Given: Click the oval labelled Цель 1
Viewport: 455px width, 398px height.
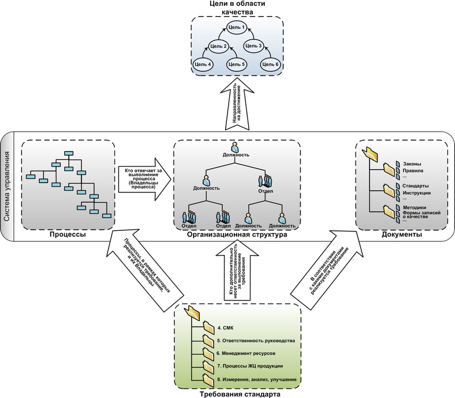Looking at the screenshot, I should pos(236,27).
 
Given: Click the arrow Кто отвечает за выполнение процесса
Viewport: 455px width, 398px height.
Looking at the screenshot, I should pos(144,178).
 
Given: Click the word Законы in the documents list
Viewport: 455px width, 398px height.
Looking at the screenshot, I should pos(413,163).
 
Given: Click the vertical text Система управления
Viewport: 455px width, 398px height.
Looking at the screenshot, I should pos(7,187).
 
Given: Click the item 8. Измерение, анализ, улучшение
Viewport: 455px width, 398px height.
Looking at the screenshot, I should pos(257,380).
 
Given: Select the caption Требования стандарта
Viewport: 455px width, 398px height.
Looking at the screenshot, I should pos(237,393).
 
